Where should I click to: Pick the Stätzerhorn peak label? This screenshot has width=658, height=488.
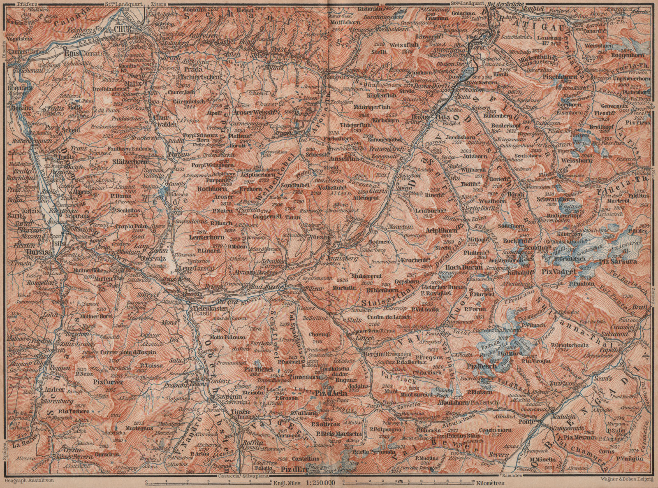(x=130, y=162)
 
